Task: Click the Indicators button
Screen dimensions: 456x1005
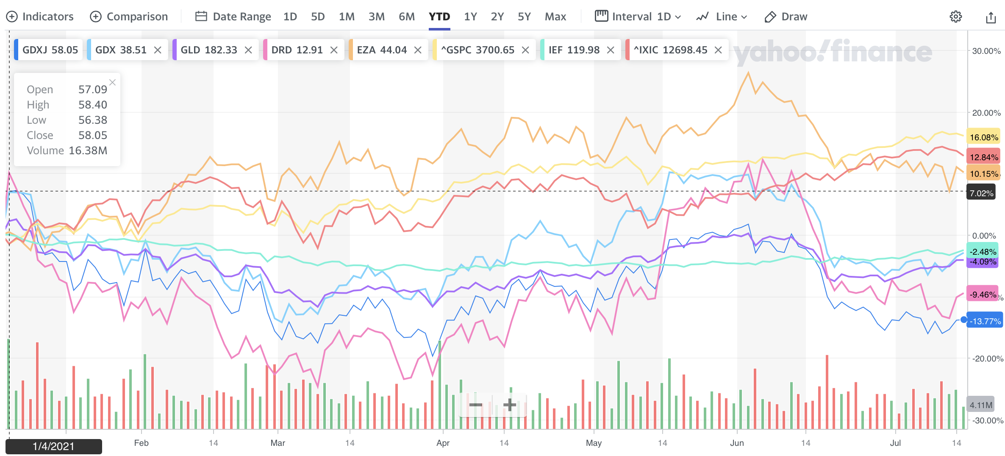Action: (40, 17)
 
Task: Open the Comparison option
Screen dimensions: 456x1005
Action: (129, 17)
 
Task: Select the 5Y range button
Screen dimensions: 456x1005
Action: (524, 17)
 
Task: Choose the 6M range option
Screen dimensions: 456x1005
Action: (406, 17)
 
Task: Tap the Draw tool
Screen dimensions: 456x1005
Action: (786, 17)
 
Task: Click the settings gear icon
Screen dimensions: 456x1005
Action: (955, 17)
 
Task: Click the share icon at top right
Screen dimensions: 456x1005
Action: (991, 17)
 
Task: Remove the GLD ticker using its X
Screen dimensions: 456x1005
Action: (249, 50)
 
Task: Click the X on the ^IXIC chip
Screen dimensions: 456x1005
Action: (718, 50)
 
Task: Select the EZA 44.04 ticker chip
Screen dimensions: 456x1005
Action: (381, 50)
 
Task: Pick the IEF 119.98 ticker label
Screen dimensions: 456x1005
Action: (574, 50)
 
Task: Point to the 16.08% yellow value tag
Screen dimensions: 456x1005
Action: (984, 137)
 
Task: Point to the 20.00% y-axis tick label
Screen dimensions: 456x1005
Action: (986, 113)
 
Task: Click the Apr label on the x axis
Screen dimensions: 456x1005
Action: (443, 443)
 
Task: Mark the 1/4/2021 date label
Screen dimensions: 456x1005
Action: (53, 446)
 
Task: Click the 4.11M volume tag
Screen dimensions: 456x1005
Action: (981, 405)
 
